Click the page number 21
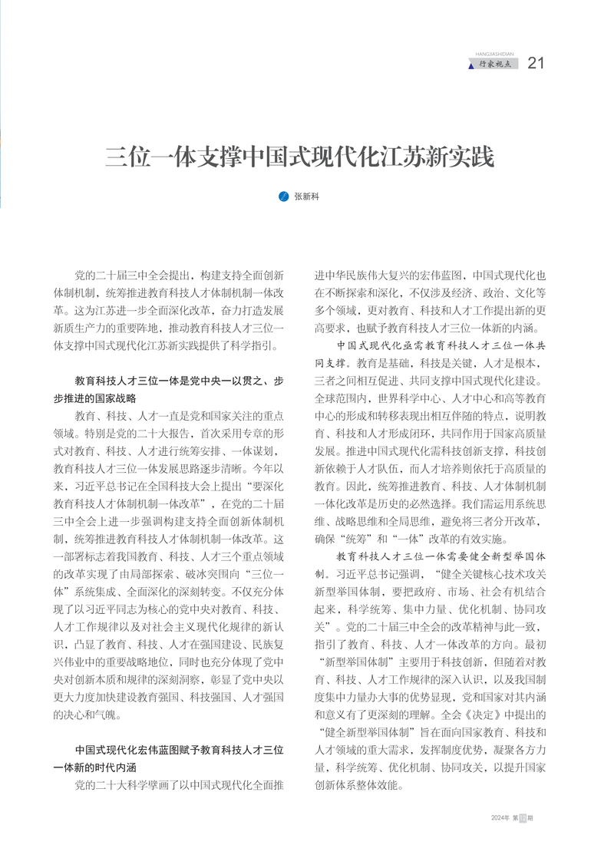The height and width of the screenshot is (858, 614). [x=536, y=63]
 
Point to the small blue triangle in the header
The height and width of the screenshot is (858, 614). [x=471, y=66]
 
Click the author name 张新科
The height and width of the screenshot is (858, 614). [x=306, y=196]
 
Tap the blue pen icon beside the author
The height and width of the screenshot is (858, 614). [x=283, y=196]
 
